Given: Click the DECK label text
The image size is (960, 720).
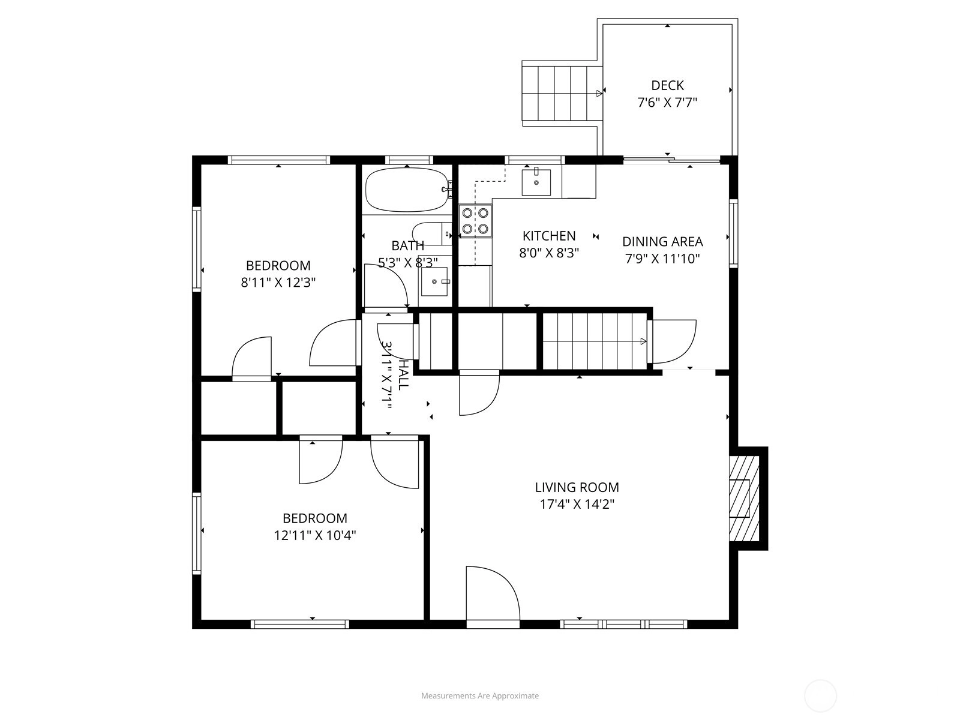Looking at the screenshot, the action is point(667,85).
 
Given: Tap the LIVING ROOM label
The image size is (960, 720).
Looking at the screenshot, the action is point(577,487).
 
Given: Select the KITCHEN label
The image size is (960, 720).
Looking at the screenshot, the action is point(549,236).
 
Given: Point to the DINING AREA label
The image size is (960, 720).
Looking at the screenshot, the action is point(662,242).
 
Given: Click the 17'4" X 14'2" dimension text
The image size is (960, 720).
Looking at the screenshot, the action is point(577,505).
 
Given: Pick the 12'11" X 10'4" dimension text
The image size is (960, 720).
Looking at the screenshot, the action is point(315,536).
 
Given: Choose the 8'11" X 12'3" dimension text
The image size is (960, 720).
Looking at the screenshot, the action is point(278,283).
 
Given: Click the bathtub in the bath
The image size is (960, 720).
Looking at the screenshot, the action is point(407,190).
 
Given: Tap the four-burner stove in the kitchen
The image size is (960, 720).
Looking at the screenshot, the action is point(475,221).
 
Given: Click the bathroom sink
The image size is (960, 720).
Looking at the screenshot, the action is point(434,281).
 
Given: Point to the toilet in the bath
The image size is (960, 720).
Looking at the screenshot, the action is point(431,233).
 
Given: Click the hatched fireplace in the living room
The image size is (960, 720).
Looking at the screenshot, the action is point(744,499).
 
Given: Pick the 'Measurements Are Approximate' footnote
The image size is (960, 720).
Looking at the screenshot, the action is point(480,695).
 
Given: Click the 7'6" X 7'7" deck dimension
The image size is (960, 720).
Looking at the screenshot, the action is point(667,103).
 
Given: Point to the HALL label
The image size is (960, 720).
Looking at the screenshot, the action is point(403,375).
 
